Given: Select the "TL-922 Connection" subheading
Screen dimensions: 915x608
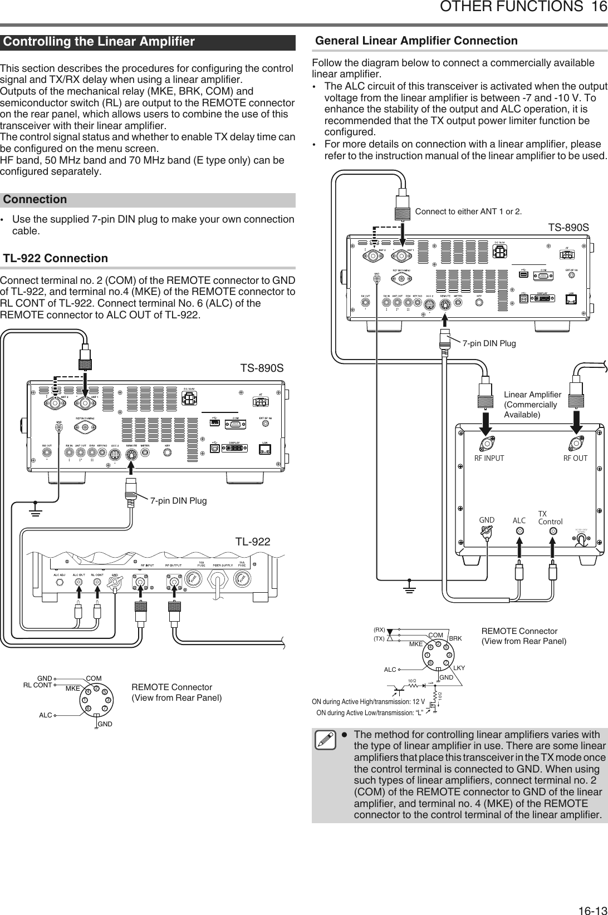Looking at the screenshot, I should tap(56, 258).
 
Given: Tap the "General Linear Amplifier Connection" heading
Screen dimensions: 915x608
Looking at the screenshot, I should tap(416, 41).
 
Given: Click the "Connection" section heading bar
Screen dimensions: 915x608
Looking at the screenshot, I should tap(36, 199).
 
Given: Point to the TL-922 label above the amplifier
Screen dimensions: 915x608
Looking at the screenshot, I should tap(252, 542).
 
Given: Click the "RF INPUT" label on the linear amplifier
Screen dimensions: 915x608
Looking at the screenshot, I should tap(489, 459).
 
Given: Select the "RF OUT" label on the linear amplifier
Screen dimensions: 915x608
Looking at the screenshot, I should tap(575, 459).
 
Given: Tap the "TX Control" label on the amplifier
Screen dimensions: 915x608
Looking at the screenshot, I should tap(550, 518).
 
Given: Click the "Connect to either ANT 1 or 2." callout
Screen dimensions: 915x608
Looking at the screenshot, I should tap(468, 211).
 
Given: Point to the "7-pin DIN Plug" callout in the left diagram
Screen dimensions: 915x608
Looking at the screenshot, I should tap(178, 501).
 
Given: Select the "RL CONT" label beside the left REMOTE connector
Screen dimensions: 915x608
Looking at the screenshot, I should tap(37, 685).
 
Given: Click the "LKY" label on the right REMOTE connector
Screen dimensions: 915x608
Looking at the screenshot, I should tap(459, 667).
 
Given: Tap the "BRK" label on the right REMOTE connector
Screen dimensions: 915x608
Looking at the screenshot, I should tap(455, 638).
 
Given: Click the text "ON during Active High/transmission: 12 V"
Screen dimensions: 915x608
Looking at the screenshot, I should tap(368, 701).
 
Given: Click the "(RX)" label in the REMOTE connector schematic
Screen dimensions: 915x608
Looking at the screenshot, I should tap(379, 629).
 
